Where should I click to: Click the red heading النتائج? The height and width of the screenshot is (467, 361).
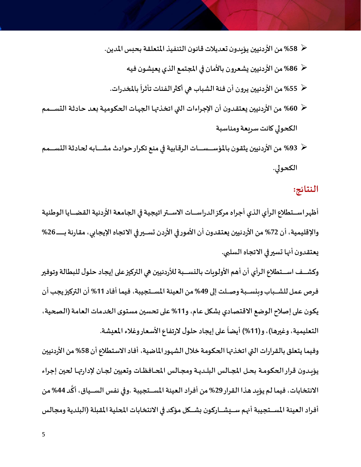pos(306,189)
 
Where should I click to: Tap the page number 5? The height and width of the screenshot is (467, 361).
pos(43,434)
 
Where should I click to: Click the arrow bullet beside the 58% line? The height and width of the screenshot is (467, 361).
pos(304,48)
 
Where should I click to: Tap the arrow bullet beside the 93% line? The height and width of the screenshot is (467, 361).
pos(304,147)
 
